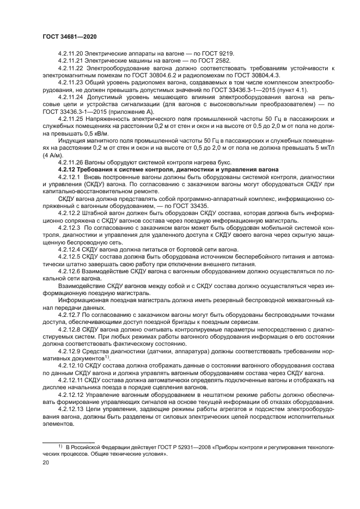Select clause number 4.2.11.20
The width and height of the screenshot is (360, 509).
click(72, 53)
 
